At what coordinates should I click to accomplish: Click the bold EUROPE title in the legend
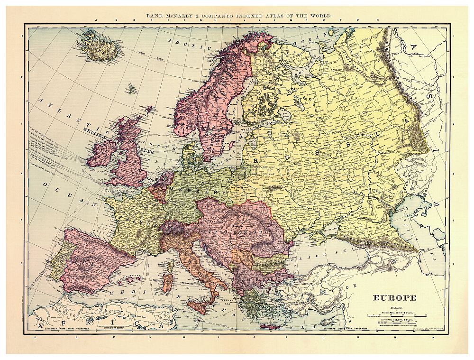pyautogui.click(x=394, y=298)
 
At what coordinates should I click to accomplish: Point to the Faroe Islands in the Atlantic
pyautogui.click(x=130, y=89)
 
